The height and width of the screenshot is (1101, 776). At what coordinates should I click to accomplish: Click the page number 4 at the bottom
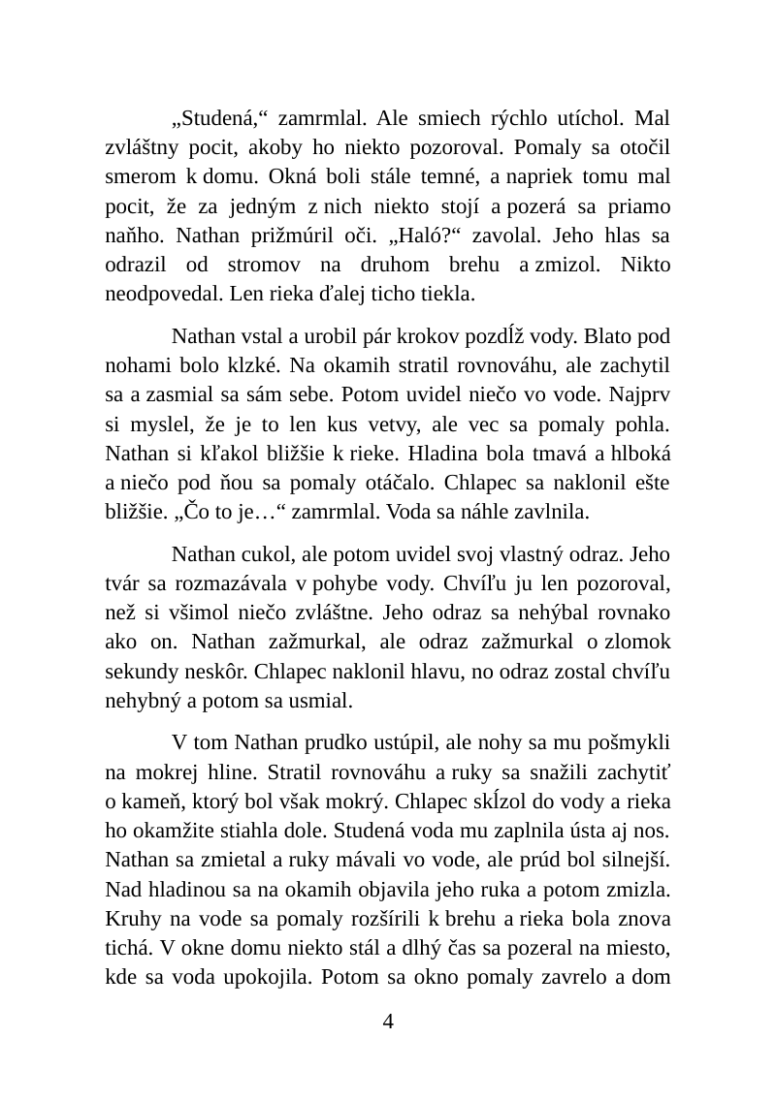click(x=388, y=1022)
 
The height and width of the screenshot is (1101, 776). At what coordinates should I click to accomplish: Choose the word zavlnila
click(x=558, y=512)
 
